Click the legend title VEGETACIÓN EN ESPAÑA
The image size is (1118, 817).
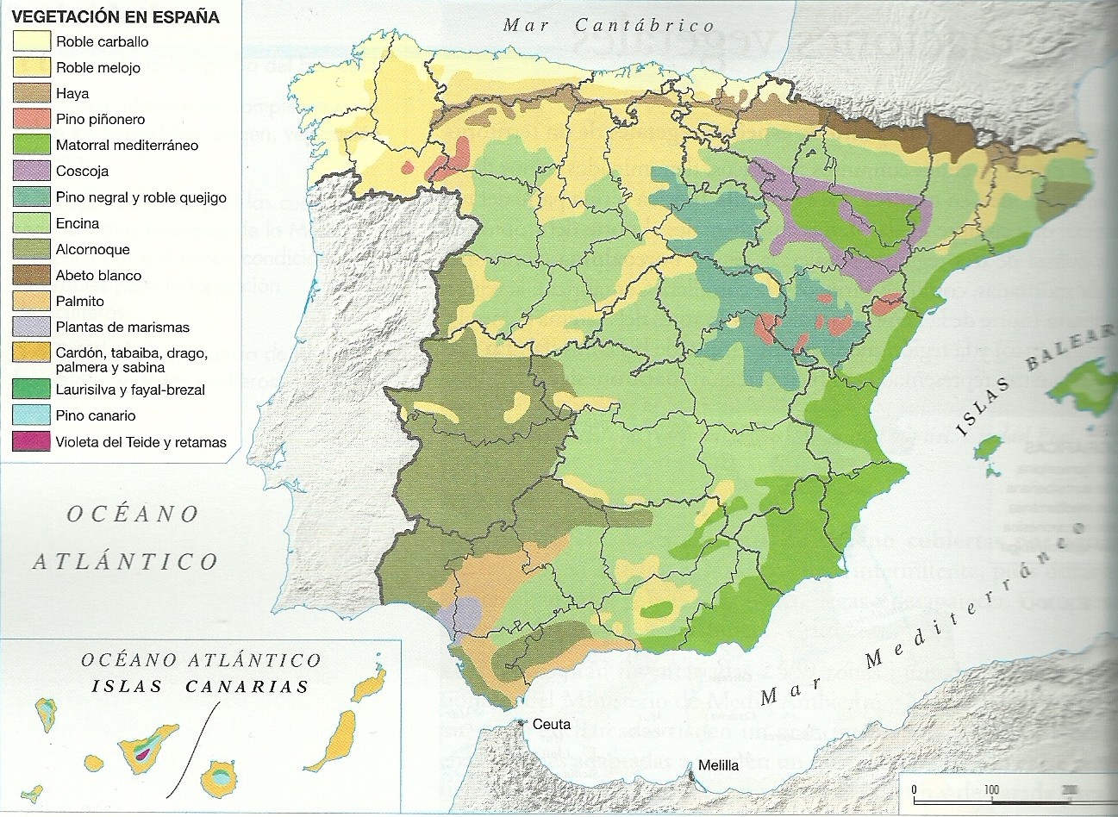coord(116,16)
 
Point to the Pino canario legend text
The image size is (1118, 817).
coord(96,415)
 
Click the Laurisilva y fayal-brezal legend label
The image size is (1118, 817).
coord(130,390)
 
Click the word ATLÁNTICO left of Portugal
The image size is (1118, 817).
coord(126,562)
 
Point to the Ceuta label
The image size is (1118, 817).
coord(552,724)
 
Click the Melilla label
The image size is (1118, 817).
coord(718,764)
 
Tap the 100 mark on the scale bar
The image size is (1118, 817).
coord(990,789)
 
